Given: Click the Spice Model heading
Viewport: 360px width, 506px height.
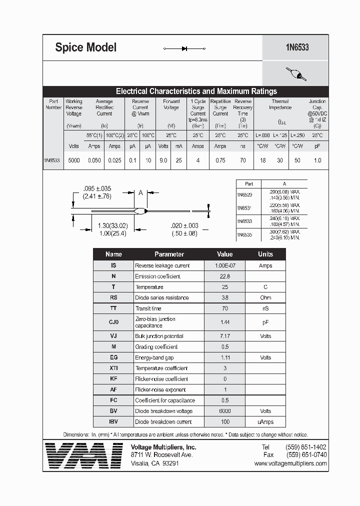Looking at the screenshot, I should pos(85,47).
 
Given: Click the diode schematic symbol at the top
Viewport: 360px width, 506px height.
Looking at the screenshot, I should pos(184,48).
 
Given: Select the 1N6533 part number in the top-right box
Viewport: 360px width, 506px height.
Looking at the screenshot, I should pos(297,47).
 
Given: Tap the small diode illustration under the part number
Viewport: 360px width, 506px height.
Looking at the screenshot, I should pos(295,74).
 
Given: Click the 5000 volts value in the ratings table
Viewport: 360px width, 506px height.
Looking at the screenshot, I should pos(73,160).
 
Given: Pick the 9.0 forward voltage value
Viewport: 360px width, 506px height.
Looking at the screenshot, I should pos(163,160).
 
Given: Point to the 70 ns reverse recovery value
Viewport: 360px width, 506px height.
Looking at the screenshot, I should pos(243,160).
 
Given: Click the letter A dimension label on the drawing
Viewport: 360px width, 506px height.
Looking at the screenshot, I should pos(141,193).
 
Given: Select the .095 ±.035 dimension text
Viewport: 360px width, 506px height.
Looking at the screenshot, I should pos(97,188).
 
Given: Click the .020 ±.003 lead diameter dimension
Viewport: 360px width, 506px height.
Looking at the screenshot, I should pos(184,225).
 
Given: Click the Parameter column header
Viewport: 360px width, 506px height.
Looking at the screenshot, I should pos(169,254).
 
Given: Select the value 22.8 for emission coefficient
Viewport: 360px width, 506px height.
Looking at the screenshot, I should pos(224,276).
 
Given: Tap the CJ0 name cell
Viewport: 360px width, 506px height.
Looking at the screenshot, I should pos(113,322).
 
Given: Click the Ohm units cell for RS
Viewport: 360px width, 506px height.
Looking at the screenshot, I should pos(265,298).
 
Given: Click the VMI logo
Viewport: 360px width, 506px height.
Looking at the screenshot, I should pos(83,455).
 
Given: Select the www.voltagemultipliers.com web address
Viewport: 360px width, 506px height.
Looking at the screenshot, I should pos(290,463).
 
